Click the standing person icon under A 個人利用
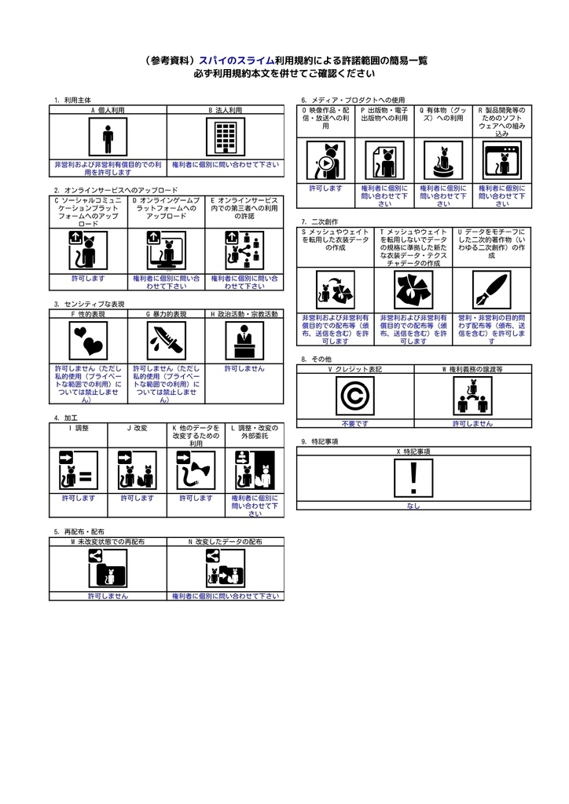point(108,137)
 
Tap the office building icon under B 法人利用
point(226,137)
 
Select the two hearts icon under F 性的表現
point(88,341)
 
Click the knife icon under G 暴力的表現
point(167,341)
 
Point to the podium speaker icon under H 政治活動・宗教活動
point(244,341)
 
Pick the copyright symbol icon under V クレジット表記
point(355,396)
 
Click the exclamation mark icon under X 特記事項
point(413,478)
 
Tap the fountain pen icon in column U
point(491,291)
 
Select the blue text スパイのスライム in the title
point(237,60)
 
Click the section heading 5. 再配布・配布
point(79,532)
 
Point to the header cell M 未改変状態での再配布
point(108,542)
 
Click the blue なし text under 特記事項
point(413,506)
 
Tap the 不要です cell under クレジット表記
point(355,423)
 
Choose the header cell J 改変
point(137,428)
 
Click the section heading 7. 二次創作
point(320,221)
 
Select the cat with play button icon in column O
point(326,160)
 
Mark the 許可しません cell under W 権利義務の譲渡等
point(472,423)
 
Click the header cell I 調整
point(79,428)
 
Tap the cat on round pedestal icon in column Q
point(443,160)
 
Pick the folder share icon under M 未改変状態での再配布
point(108,568)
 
